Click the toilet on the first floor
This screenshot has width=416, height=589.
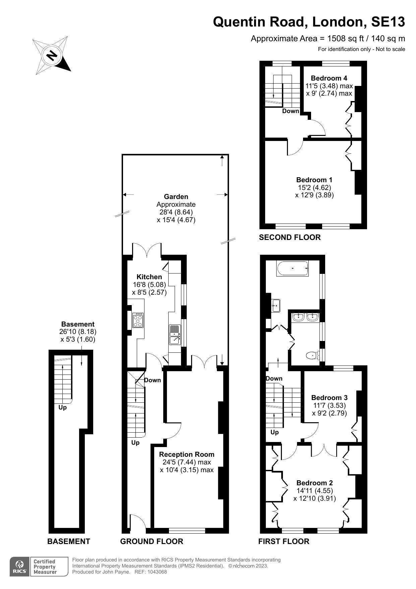(313, 355)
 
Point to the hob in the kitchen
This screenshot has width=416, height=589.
(138, 320)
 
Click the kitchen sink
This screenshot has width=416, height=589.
(175, 334)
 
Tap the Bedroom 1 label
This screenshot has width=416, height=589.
(314, 180)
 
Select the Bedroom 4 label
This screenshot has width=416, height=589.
(329, 78)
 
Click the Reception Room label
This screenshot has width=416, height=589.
(187, 454)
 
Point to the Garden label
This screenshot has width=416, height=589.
(176, 197)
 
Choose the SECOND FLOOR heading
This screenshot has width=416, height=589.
(290, 237)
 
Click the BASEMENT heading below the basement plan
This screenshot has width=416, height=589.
(69, 541)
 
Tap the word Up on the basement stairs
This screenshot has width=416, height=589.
(63, 407)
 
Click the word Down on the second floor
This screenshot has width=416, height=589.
(291, 111)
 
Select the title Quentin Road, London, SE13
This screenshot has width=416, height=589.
(309, 22)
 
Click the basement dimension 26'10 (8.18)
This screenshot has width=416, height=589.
(78, 332)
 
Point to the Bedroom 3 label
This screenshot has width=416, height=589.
(330, 398)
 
